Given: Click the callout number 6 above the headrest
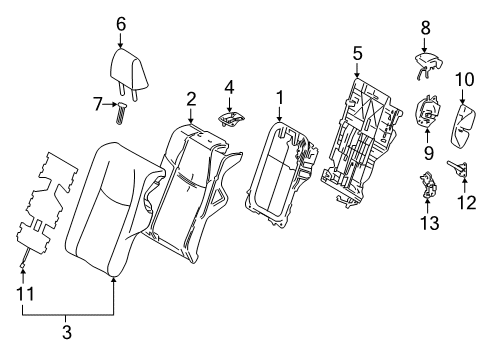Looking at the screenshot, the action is tap(121, 24).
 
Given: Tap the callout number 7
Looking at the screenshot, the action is tap(98, 104).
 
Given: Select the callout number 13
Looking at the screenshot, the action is tap(429, 222).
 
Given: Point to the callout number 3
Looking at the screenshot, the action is tap(67, 332).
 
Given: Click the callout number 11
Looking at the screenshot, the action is tap(25, 294).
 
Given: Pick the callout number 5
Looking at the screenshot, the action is tap(358, 54).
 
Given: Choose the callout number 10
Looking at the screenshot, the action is tap(465, 80).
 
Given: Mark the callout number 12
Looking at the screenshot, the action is tap(467, 202).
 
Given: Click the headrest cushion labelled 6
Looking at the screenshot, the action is tap(128, 74).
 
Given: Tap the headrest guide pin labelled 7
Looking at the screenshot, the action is tap(121, 113).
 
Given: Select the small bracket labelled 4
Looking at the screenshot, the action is tap(231, 119).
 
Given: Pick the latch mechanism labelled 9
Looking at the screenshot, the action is tap(427, 111).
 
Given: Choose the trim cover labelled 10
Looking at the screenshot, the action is tap(463, 125).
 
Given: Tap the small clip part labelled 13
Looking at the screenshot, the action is tap(428, 184).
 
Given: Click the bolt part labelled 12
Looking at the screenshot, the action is tap(457, 168).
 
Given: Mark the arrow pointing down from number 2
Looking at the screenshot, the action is tap(191, 116).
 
